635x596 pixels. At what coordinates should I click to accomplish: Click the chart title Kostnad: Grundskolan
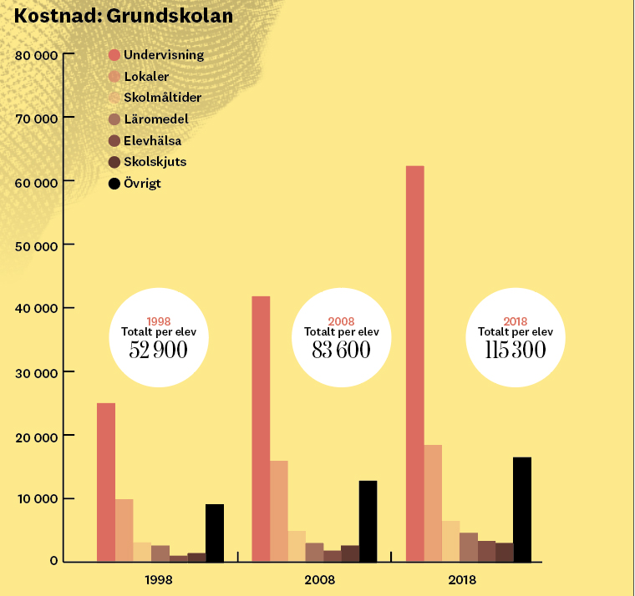pyautogui.click(x=124, y=16)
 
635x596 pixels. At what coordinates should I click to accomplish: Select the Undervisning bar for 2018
pyautogui.click(x=414, y=363)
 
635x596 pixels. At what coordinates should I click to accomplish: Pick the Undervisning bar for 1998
pyautogui.click(x=106, y=482)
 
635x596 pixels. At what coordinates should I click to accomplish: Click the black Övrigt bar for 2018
pyautogui.click(x=521, y=508)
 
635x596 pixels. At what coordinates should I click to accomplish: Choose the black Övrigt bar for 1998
pyautogui.click(x=215, y=532)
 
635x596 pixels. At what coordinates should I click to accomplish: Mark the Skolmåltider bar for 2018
pyautogui.click(x=451, y=541)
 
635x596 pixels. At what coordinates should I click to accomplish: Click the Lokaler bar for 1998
pyautogui.click(x=124, y=529)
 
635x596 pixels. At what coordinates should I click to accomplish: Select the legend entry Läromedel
pyautogui.click(x=155, y=119)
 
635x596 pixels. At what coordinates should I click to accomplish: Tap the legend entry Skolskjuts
pyautogui.click(x=155, y=162)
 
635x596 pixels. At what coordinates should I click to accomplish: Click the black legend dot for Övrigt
pyautogui.click(x=115, y=184)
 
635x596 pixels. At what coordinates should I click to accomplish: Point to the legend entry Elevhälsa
pyautogui.click(x=152, y=141)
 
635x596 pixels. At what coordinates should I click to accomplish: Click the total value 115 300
pyautogui.click(x=516, y=350)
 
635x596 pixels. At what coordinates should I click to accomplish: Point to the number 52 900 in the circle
pyautogui.click(x=159, y=350)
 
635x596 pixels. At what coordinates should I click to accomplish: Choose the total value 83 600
pyautogui.click(x=341, y=350)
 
